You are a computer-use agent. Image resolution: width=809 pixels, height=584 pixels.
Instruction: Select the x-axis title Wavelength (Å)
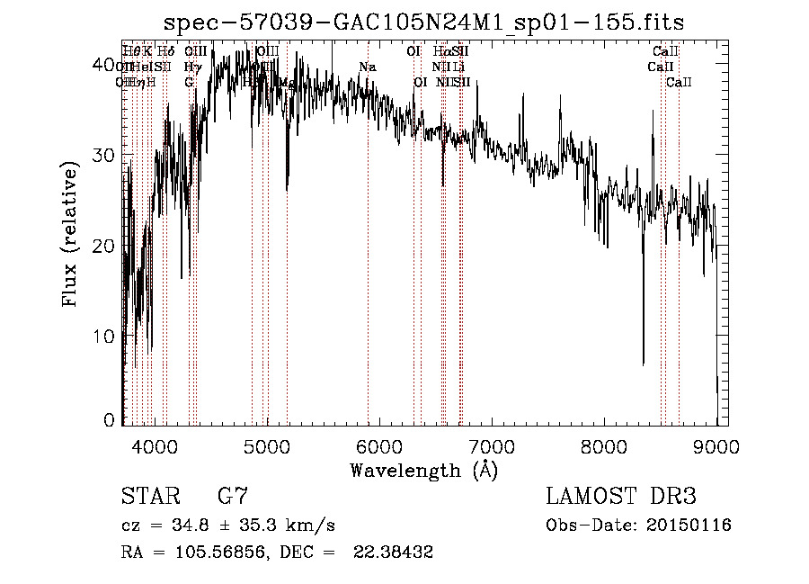pyautogui.click(x=423, y=470)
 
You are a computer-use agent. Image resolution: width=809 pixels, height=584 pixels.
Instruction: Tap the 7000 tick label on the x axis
pyautogui.click(x=492, y=445)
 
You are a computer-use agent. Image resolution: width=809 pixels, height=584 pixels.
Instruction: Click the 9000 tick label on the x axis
pyautogui.click(x=716, y=445)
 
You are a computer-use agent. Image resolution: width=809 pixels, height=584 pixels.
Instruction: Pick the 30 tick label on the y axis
pyautogui.click(x=106, y=155)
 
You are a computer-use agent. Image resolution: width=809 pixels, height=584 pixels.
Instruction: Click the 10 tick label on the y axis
pyautogui.click(x=106, y=336)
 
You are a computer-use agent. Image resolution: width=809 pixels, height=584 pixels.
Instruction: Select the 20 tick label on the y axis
pyautogui.click(x=106, y=245)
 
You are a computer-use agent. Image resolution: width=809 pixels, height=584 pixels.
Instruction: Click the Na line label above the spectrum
pyautogui.click(x=367, y=67)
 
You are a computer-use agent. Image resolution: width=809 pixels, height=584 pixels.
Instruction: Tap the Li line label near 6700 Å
pyautogui.click(x=458, y=67)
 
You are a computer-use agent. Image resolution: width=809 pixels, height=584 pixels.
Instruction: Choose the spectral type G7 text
pyautogui.click(x=232, y=496)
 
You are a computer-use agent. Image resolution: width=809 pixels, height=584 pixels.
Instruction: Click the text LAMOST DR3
pyautogui.click(x=620, y=496)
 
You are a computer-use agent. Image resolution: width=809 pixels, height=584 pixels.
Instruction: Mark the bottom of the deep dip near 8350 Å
pyautogui.click(x=643, y=364)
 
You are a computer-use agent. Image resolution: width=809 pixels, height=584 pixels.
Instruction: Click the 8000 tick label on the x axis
pyautogui.click(x=604, y=445)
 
